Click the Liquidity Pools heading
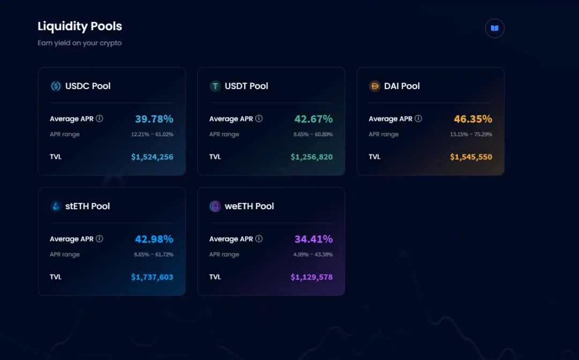[80, 26]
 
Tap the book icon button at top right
[494, 28]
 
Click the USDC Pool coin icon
[56, 86]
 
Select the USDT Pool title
[246, 86]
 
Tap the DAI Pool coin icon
[375, 86]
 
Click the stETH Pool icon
[56, 206]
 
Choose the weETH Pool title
[249, 206]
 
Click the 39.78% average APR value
[154, 119]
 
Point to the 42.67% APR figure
[313, 119]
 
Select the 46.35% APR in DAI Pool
[473, 119]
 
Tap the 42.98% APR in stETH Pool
[154, 239]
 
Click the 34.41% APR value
[313, 239]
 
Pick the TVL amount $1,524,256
[152, 157]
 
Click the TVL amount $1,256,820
[311, 157]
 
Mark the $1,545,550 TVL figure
[471, 157]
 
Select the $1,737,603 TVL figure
[152, 277]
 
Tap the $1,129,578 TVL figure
[311, 277]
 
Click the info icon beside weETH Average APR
[259, 239]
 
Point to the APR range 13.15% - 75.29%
[471, 134]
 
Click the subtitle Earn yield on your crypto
[79, 43]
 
